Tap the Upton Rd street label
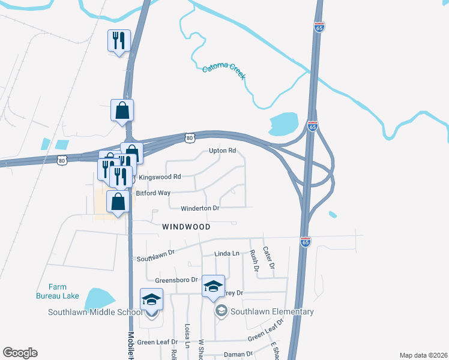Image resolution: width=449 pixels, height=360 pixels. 221,151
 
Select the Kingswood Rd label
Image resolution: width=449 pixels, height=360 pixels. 160,177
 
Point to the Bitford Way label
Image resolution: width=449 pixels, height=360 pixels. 153,193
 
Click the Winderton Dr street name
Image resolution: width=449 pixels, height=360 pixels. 200,208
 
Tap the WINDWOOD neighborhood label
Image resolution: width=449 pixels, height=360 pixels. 186,227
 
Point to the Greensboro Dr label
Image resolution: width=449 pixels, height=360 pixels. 176,280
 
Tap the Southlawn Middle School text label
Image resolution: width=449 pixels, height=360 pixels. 96,311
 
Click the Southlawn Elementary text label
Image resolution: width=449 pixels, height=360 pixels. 272,311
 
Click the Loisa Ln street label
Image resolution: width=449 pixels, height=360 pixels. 188,337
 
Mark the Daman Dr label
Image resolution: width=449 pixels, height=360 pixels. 239,355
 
